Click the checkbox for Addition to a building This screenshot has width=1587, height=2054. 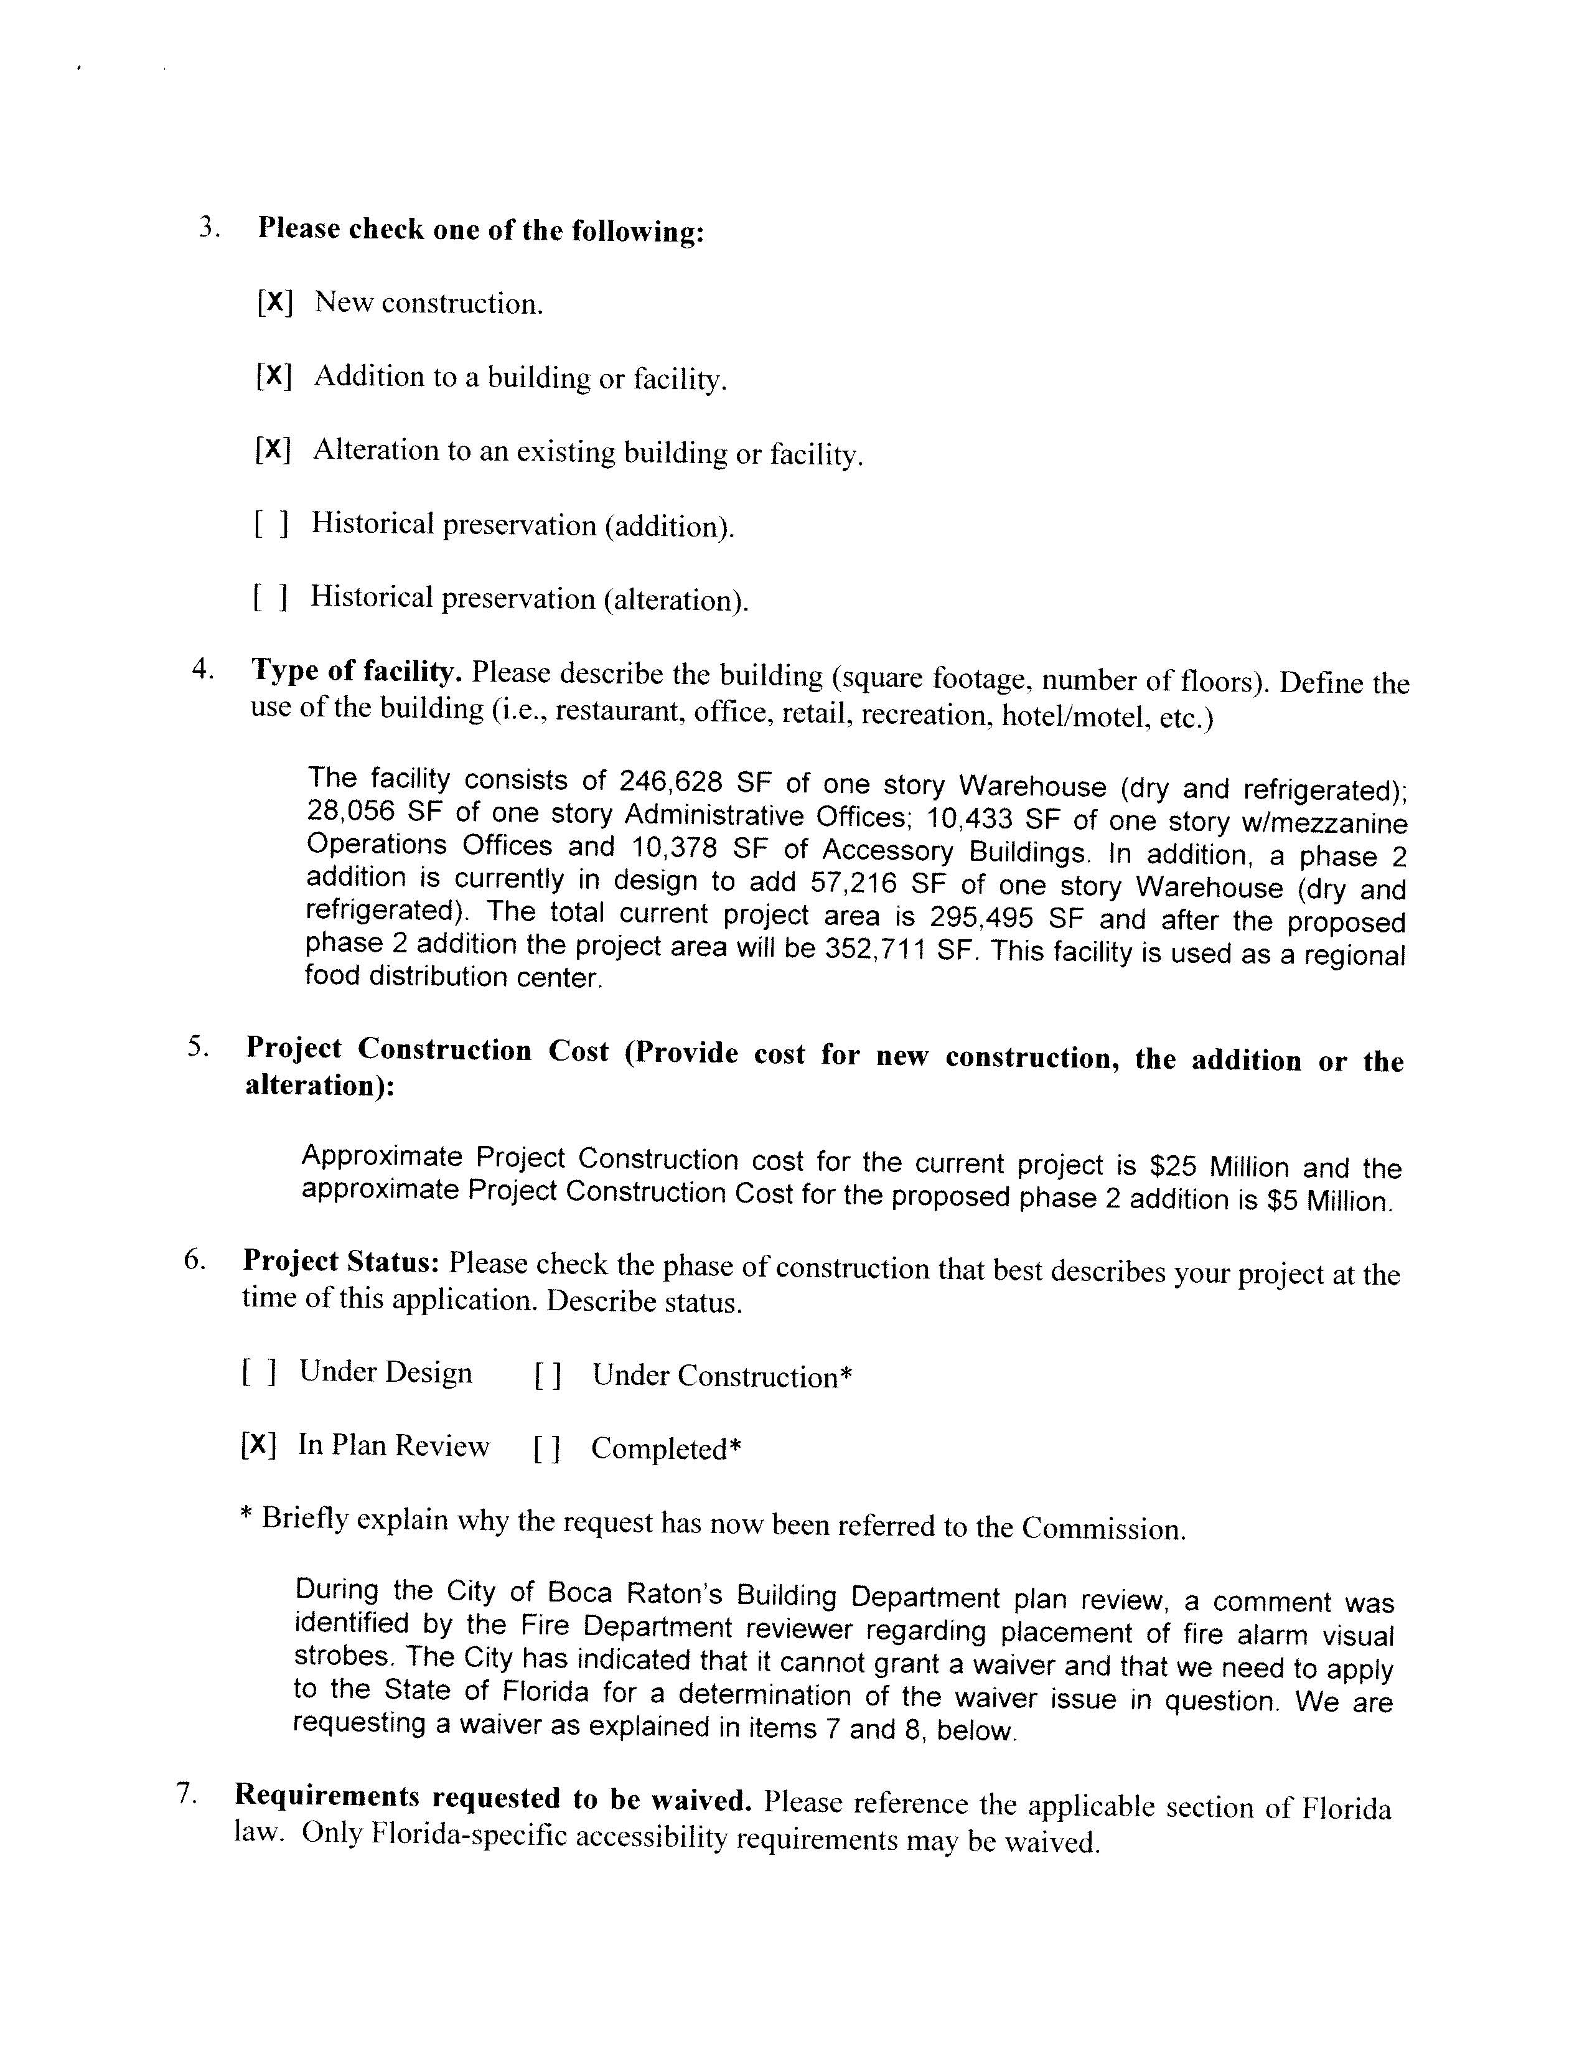pos(274,376)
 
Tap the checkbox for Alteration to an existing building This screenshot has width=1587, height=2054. pos(273,449)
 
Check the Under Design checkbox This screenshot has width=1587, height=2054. pos(258,1374)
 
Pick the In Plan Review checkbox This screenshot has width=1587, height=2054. pos(258,1445)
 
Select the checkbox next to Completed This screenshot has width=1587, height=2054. pos(547,1449)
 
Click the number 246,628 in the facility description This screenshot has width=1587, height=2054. pos(670,782)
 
